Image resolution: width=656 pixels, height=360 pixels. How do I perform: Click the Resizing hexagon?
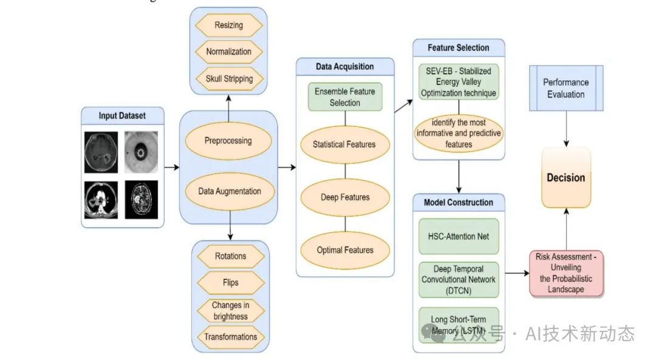[x=228, y=25]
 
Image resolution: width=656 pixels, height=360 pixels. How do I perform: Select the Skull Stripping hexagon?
[x=228, y=78]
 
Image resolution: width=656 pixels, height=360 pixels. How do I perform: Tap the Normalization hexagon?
[x=228, y=52]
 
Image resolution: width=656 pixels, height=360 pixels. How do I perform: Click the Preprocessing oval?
[x=228, y=141]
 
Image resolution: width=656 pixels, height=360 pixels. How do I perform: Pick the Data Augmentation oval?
[x=230, y=191]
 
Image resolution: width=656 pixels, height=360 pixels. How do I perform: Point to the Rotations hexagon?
[x=230, y=256]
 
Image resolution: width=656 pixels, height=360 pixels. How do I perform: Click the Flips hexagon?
[x=230, y=282]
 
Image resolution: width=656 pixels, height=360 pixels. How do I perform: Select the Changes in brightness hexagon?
[x=230, y=310]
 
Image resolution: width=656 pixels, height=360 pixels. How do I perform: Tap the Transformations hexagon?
[x=230, y=337]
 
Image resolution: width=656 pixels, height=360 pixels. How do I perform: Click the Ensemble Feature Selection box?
[x=344, y=97]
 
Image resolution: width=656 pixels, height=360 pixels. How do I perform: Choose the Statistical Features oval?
[x=344, y=144]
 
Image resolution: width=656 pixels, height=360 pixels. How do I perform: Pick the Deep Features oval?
[x=344, y=197]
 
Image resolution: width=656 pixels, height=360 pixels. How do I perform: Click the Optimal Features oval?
[x=344, y=250]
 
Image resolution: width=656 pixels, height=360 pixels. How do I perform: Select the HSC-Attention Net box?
[x=459, y=237]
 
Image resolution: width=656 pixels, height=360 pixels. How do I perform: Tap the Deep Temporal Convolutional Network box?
[x=459, y=280]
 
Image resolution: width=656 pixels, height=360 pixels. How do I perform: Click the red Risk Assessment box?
[x=566, y=273]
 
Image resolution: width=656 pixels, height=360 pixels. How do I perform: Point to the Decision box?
[x=565, y=178]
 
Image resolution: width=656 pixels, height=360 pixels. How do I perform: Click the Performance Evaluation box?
[x=565, y=88]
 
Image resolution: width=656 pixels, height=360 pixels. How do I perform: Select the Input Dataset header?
[x=122, y=115]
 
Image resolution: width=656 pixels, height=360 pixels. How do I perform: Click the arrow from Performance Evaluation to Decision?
[x=566, y=129]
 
